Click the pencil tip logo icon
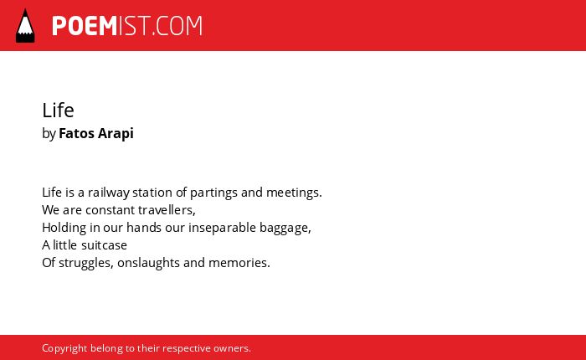click(25, 25)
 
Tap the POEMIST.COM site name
click(127, 26)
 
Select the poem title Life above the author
click(58, 111)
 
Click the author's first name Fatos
click(77, 133)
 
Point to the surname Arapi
click(116, 134)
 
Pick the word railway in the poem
click(109, 193)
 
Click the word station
click(152, 193)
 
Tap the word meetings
click(294, 193)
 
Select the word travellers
click(167, 210)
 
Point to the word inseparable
click(223, 228)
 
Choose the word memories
click(239, 263)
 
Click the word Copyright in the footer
click(64, 348)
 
